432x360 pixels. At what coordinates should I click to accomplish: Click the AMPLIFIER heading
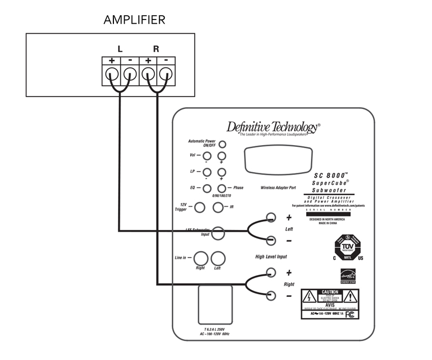[134, 21]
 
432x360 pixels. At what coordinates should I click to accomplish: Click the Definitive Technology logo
[273, 128]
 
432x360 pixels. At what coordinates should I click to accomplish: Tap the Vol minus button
[206, 155]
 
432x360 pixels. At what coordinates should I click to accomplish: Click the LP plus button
[221, 172]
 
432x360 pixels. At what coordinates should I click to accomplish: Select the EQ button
[206, 188]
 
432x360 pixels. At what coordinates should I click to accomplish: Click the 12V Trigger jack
[200, 207]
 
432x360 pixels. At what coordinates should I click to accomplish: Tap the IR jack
[218, 207]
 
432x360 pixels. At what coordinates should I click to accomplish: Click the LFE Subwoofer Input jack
[218, 233]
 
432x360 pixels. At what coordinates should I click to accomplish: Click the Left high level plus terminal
[272, 218]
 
